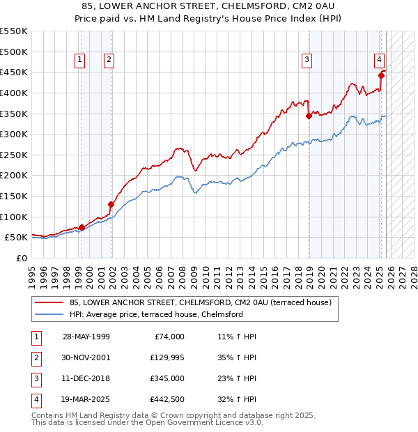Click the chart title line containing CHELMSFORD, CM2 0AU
click(x=209, y=6)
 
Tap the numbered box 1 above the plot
click(x=81, y=61)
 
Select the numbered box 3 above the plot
click(x=307, y=61)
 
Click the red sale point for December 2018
click(x=309, y=116)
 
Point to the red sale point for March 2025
click(x=381, y=75)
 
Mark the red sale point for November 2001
click(x=110, y=204)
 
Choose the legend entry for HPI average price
click(x=156, y=314)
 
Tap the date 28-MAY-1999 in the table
click(x=86, y=337)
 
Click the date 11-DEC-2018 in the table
click(x=86, y=378)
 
